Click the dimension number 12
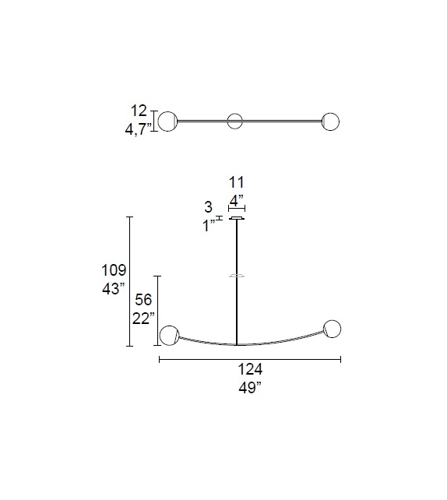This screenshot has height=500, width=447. [139, 112]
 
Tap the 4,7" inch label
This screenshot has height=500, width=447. [139, 129]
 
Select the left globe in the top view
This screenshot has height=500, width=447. [168, 121]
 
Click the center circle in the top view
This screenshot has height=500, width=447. [234, 121]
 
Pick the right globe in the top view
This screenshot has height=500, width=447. [331, 121]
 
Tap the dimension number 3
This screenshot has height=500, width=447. [208, 208]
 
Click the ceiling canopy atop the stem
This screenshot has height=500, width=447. [236, 218]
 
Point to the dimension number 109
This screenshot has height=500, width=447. [113, 271]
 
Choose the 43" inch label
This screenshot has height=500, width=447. [113, 289]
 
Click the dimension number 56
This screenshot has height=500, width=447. [144, 301]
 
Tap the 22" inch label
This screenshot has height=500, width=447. [143, 319]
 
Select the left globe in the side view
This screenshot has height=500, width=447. [168, 336]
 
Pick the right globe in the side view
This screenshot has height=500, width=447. [333, 329]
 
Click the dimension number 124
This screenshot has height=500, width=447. [249, 371]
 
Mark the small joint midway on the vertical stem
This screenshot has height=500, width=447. [236, 276]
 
